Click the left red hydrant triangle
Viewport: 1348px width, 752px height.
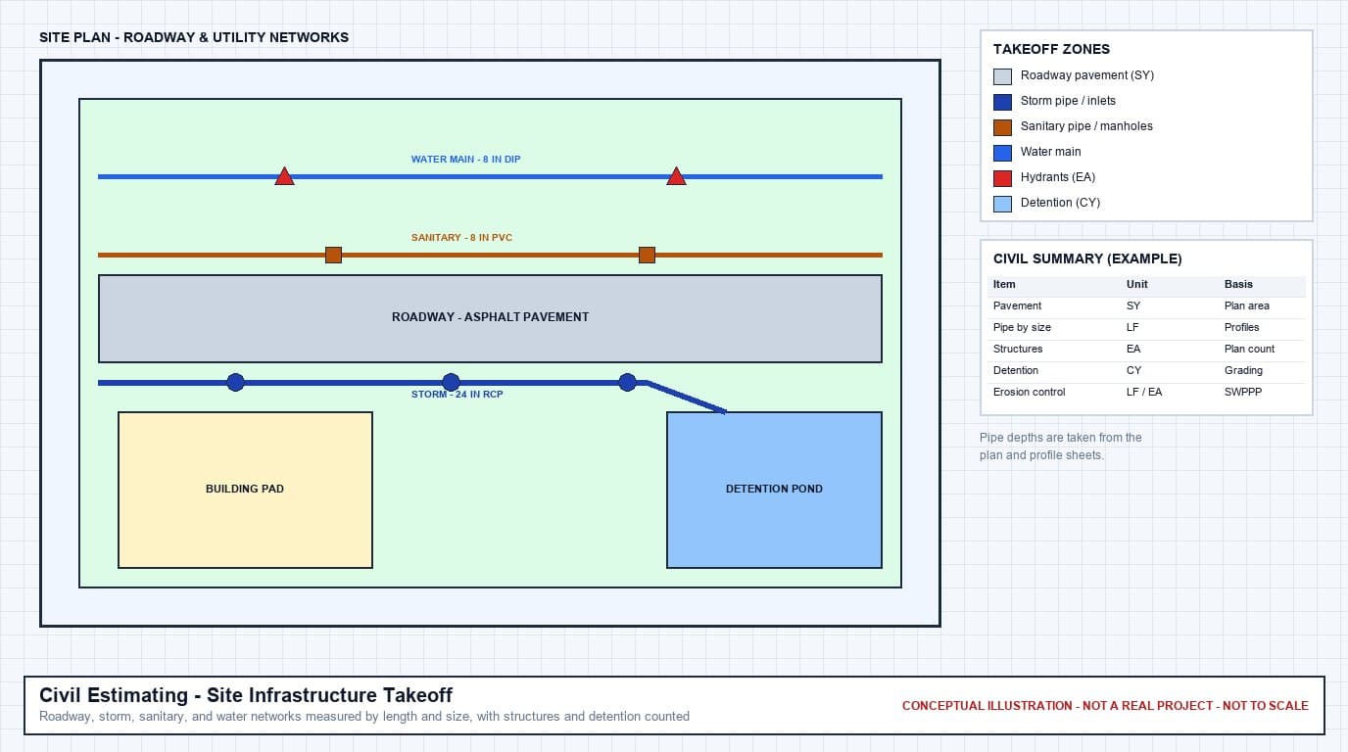(x=285, y=177)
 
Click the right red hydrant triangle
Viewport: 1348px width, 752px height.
(x=676, y=177)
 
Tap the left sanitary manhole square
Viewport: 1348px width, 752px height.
(x=333, y=256)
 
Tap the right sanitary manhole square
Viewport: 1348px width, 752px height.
(x=647, y=256)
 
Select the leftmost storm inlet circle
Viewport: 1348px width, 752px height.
(x=236, y=382)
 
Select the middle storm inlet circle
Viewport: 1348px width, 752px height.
(x=452, y=382)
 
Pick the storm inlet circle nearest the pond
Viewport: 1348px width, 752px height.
(x=628, y=382)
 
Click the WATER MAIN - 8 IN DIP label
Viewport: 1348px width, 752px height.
(x=465, y=160)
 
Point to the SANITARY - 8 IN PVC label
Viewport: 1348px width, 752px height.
(x=461, y=238)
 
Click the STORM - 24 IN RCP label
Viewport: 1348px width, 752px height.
(x=457, y=394)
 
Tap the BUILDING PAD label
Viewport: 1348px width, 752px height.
(x=245, y=490)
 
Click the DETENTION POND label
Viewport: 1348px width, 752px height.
(x=774, y=490)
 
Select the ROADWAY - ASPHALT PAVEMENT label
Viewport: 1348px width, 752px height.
(x=491, y=317)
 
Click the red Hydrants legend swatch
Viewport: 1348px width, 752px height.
(x=1002, y=178)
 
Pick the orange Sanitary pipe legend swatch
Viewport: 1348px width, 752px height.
(x=1002, y=127)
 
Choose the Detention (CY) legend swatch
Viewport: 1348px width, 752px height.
(x=1002, y=204)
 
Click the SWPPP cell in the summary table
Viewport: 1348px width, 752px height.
(x=1242, y=393)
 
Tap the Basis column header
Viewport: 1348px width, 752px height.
(x=1238, y=285)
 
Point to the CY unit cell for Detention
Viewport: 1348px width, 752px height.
(x=1133, y=370)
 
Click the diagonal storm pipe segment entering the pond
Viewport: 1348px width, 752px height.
(x=686, y=398)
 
